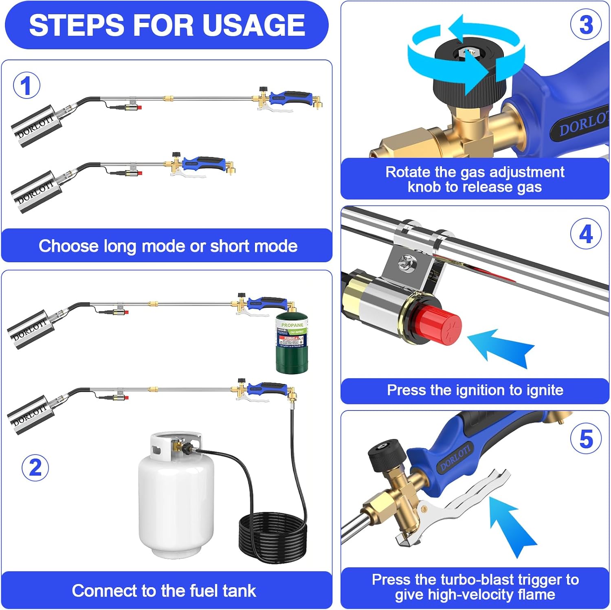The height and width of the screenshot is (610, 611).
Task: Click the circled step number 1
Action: [x=26, y=86]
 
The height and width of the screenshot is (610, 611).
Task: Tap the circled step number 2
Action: [x=35, y=467]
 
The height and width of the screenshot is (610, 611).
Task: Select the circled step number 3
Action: [x=586, y=24]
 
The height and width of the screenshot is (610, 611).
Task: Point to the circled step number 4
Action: [x=586, y=234]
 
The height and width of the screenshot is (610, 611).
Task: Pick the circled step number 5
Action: [x=586, y=439]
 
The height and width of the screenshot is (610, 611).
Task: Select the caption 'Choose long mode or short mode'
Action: [x=167, y=246]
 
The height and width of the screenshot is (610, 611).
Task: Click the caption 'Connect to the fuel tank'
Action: [x=164, y=591]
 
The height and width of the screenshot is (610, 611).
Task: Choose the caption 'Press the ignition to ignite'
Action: [x=475, y=390]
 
